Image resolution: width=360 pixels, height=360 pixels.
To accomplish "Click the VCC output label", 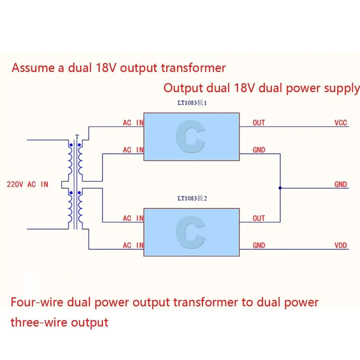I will click(x=340, y=123).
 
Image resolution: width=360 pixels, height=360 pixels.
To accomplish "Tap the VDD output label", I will click(x=340, y=246).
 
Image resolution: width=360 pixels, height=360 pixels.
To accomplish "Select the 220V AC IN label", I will click(x=27, y=184).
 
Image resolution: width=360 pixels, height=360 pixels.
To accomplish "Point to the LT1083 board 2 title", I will click(x=192, y=198).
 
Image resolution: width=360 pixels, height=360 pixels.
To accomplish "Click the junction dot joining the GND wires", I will click(x=280, y=188).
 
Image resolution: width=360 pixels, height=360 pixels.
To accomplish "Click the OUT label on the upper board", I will click(x=258, y=123).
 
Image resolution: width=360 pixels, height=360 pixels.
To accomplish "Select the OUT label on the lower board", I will click(x=258, y=218).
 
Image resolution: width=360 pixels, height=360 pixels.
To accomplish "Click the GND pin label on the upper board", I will click(x=258, y=150).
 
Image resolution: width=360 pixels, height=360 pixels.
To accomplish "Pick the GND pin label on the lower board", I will click(x=258, y=246).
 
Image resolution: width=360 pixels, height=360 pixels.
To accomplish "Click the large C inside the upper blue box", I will click(x=190, y=137).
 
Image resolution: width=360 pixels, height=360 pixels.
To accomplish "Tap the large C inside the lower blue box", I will click(x=190, y=233).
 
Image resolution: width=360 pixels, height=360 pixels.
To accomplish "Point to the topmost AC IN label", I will click(x=133, y=123).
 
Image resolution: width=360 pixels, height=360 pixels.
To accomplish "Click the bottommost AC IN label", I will click(x=133, y=246).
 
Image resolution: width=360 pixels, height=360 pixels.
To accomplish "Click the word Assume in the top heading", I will click(x=33, y=68).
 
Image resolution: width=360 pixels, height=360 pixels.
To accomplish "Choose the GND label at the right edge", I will click(x=340, y=184).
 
